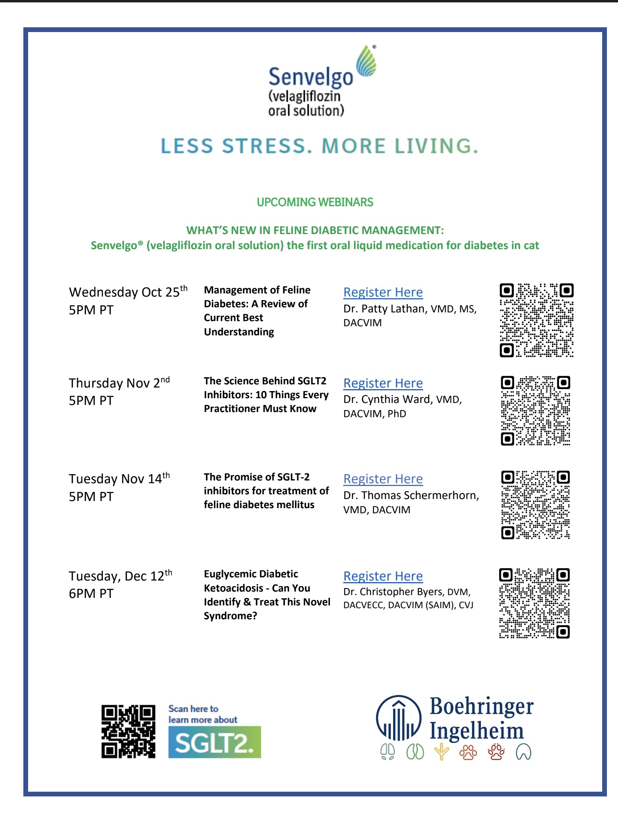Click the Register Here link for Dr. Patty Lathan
point(383,292)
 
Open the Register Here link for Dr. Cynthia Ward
point(383,383)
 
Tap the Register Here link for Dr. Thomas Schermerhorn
point(383,479)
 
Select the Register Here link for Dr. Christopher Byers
point(383,576)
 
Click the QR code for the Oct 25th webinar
point(536,320)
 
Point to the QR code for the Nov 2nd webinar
point(536,411)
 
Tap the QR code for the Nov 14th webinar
point(536,505)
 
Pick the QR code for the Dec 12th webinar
point(534,603)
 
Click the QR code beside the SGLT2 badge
point(128,732)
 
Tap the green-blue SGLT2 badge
point(215,742)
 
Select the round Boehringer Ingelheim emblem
point(399,718)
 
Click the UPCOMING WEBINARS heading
point(315,202)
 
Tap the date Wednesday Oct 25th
point(128,292)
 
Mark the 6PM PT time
point(91,594)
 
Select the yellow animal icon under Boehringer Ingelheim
point(441,752)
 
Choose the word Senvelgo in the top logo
point(310,77)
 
